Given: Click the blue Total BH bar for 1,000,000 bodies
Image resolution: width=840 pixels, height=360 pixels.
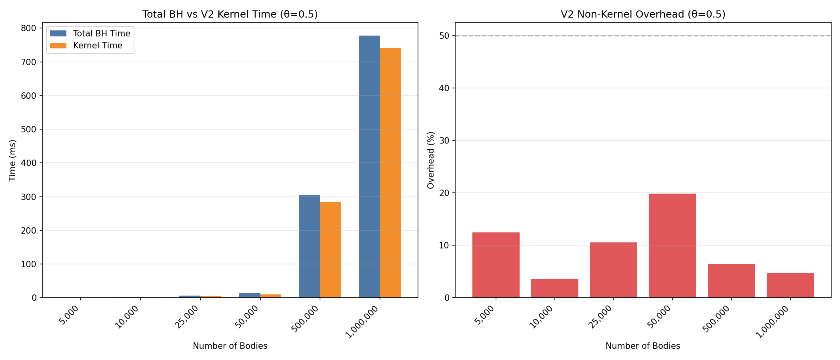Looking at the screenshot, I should coord(369,168).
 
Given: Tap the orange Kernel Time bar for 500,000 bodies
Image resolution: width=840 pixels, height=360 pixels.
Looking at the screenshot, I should coord(330,250).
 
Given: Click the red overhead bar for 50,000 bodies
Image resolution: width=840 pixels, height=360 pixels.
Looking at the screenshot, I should coord(672,246).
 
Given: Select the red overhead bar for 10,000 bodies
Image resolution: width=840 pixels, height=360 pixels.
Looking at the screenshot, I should coord(554,288).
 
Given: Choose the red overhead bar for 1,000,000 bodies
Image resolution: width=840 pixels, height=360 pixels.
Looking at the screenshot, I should coord(790,286).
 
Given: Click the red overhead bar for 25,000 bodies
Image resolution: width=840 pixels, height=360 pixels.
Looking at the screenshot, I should coord(613,270).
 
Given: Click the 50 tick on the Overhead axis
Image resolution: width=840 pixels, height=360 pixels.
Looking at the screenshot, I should coord(444,36).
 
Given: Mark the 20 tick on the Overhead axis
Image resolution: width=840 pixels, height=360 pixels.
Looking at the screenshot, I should coord(444,193).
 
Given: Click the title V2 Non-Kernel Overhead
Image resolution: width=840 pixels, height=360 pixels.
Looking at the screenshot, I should coord(643,14).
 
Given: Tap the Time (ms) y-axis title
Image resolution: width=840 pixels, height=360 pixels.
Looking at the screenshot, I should coord(13,160).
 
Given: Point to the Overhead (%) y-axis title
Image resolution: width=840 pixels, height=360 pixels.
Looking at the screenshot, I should coord(431,160).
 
